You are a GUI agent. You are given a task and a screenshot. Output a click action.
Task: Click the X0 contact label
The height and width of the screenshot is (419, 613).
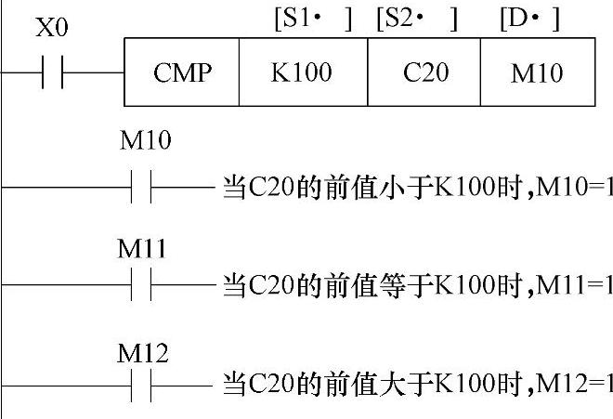coord(51,29)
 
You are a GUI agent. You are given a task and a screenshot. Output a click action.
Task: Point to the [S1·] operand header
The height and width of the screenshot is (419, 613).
coord(313,19)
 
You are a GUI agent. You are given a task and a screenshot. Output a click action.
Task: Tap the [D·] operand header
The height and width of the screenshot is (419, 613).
coord(529,19)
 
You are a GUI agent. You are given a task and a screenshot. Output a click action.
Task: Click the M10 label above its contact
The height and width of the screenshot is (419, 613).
coord(146,141)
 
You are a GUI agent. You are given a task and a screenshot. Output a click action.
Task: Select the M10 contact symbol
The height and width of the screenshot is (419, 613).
coord(143,187)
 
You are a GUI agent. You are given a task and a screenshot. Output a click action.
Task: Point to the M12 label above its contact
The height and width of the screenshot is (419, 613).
coord(145,352)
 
